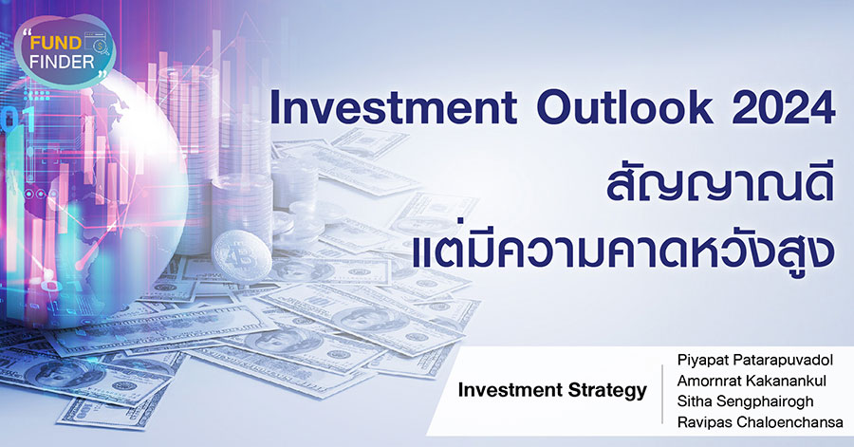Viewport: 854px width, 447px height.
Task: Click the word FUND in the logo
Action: pos(56,43)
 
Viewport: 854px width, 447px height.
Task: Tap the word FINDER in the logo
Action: pos(62,62)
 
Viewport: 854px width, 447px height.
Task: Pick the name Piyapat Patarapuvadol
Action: pos(755,361)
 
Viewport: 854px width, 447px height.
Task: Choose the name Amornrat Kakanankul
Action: pos(752,381)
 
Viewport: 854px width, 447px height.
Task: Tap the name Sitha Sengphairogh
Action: pos(745,401)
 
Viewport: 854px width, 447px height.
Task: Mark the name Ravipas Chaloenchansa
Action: pos(760,422)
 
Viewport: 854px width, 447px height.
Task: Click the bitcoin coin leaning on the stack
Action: pos(242,256)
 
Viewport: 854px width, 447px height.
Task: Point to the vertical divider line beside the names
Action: pos(662,394)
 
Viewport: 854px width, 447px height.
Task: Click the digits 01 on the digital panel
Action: pos(16,120)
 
